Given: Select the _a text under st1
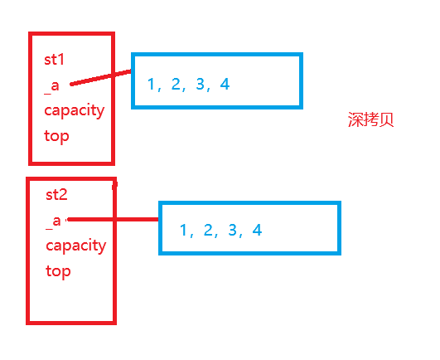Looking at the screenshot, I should (52, 85).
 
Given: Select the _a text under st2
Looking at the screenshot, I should (53, 220).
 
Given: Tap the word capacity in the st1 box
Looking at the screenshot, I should (75, 111).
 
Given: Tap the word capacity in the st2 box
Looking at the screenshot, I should (75, 246).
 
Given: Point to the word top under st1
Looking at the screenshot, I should (56, 136).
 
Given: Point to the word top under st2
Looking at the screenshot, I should (58, 270).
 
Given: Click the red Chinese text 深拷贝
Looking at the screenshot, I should (370, 119).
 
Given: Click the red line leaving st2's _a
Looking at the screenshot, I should (112, 220).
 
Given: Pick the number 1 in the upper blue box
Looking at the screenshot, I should (151, 84).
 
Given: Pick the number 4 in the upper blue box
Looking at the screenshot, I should (225, 84).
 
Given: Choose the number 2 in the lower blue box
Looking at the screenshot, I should (209, 230).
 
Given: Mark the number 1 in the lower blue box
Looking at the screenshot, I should (183, 230).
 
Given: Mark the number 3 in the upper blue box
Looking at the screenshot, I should (201, 84).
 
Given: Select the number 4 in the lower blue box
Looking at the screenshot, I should (258, 230).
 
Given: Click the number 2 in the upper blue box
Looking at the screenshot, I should (176, 84).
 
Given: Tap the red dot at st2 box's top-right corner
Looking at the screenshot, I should (114, 184).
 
